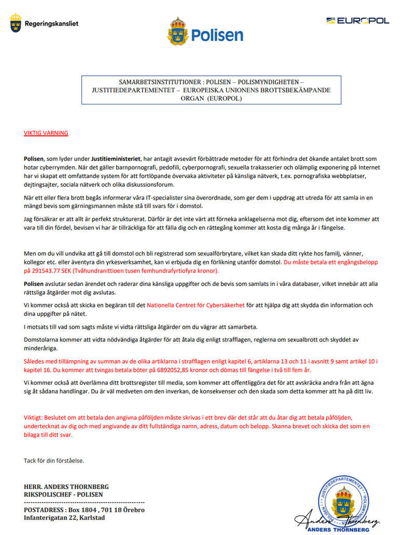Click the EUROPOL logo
pyautogui.click(x=358, y=21)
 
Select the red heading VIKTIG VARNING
pyautogui.click(x=46, y=133)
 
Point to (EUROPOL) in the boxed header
pyautogui.click(x=224, y=98)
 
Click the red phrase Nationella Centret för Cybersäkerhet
pyautogui.click(x=195, y=305)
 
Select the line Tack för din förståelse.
pyautogui.click(x=54, y=460)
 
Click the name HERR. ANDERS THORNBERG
pyautogui.click(x=66, y=487)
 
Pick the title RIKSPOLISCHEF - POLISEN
pyautogui.click(x=63, y=495)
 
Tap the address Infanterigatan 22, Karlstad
pyautogui.click(x=64, y=517)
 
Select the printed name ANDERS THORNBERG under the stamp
pyautogui.click(x=339, y=530)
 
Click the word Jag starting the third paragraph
pyautogui.click(x=29, y=219)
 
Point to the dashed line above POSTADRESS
pyautogui.click(x=84, y=502)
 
